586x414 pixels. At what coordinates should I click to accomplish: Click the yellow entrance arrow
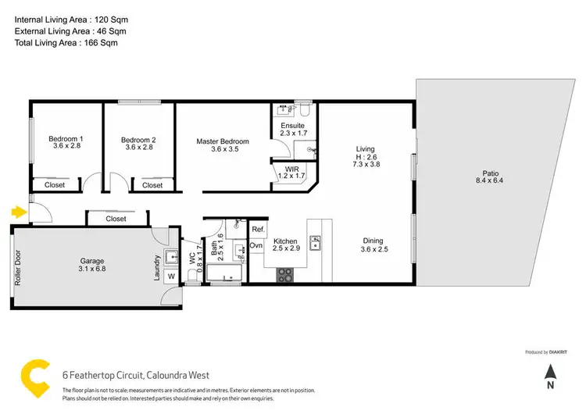coord(17,210)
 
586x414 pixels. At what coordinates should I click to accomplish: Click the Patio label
coord(490,178)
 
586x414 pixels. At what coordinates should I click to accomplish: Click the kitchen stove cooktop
coord(285,274)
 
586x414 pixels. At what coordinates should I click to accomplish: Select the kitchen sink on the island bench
coord(317,247)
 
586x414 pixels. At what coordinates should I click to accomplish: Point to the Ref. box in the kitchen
coord(257,230)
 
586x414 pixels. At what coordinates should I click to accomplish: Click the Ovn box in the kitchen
coord(256,245)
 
